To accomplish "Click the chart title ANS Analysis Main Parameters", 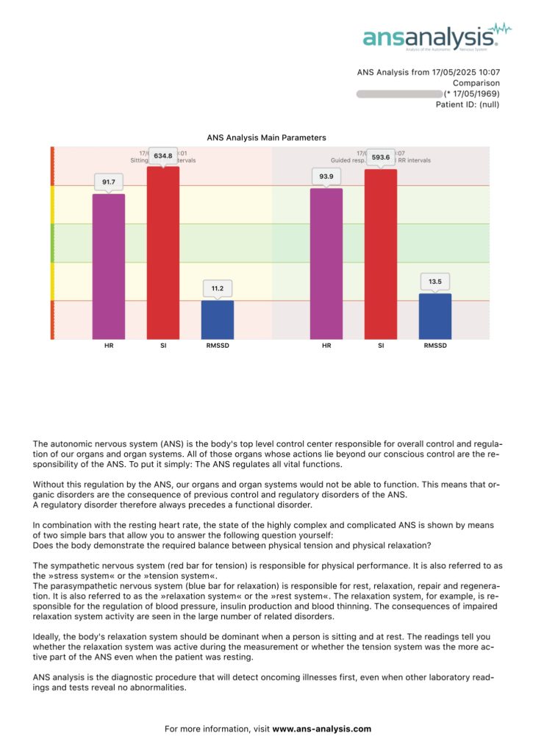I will click(266, 138).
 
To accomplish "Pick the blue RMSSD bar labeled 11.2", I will click(218, 319).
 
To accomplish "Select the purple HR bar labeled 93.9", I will click(326, 263).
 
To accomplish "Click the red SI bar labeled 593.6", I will click(381, 254).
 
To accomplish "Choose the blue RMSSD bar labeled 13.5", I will click(435, 316).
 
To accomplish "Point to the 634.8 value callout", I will click(163, 156).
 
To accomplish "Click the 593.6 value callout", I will click(381, 158).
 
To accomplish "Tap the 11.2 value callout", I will click(218, 288).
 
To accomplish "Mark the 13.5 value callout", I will click(435, 282).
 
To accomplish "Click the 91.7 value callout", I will click(109, 181).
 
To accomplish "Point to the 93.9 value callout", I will click(326, 176).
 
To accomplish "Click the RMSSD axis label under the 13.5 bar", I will click(435, 346).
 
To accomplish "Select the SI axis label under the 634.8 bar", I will click(163, 346).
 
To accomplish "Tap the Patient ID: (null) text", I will click(468, 105).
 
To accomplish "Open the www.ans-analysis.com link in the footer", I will click(322, 729).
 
